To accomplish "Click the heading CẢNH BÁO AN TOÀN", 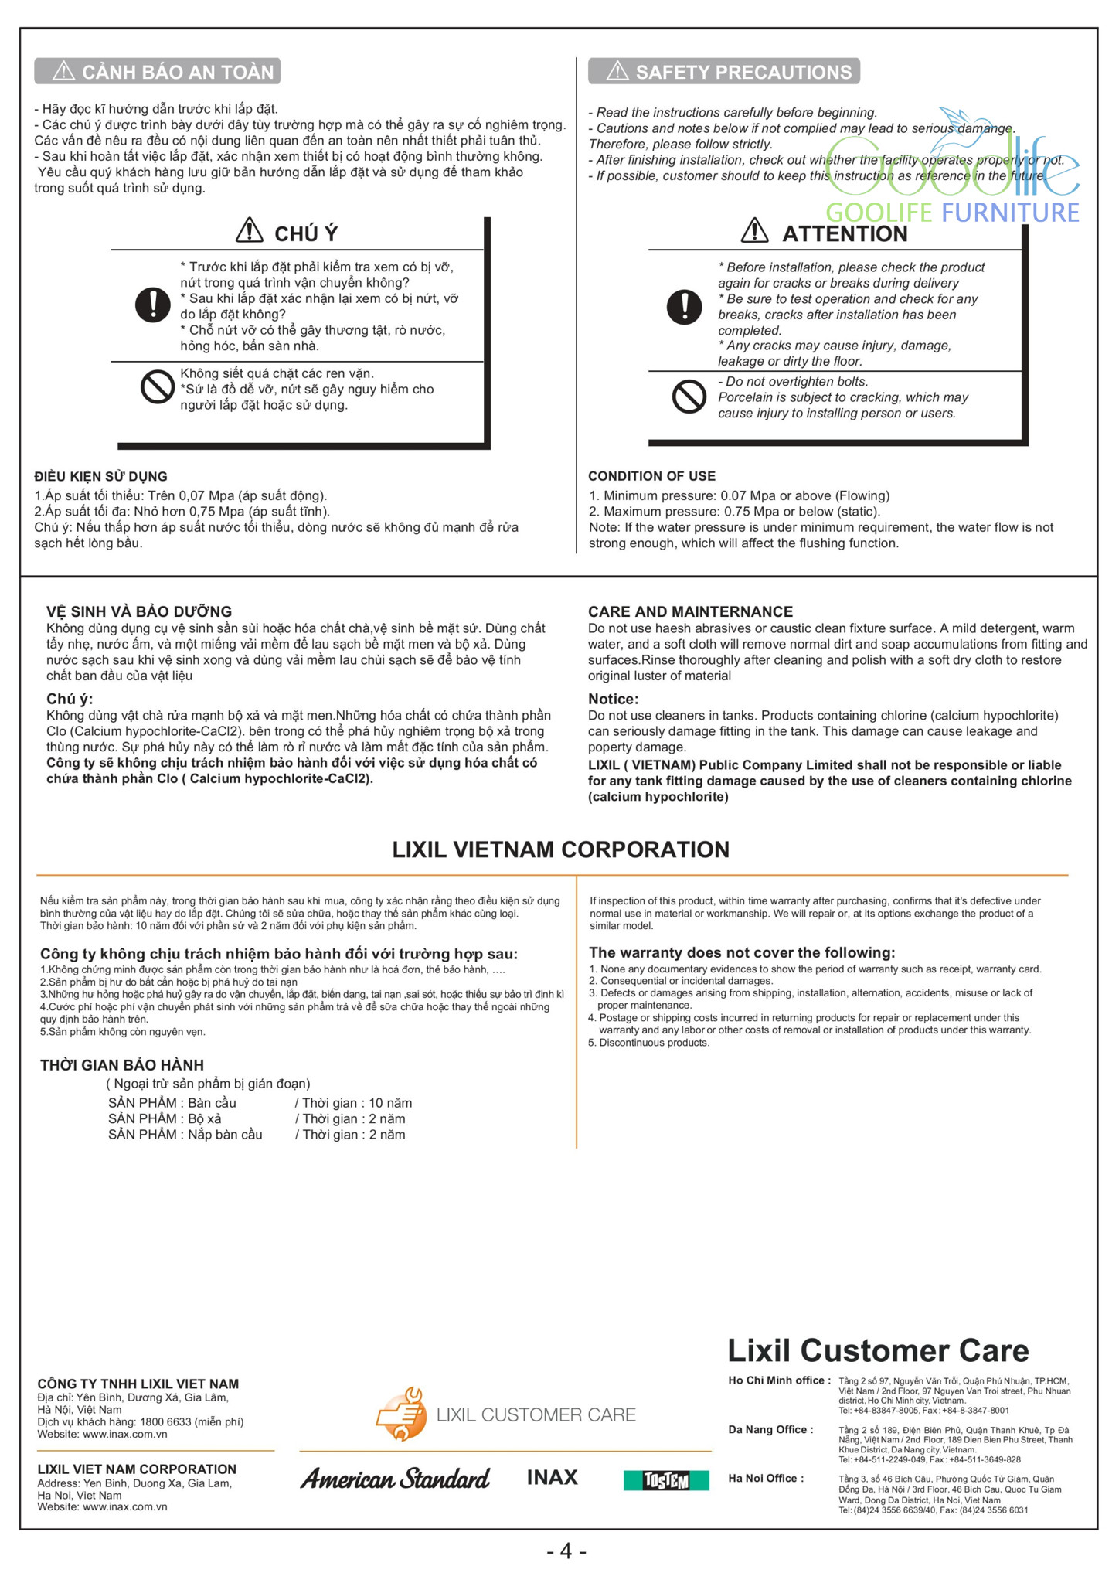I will (177, 72).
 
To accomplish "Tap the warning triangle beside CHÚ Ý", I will (249, 230).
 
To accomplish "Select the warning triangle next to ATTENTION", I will (754, 230).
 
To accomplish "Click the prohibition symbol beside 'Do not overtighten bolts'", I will (689, 397).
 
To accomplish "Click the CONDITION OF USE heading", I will (651, 476).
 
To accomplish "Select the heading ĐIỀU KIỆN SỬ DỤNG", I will (100, 476).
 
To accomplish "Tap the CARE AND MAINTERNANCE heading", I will (690, 611).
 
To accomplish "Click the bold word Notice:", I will (613, 699).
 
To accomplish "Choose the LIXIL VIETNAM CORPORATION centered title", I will (560, 849).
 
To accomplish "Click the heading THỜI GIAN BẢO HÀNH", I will (122, 1064).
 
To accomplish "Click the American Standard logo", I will (395, 1479).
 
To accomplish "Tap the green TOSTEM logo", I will (666, 1480).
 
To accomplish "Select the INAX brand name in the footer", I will (552, 1478).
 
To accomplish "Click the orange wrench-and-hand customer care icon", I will (401, 1414).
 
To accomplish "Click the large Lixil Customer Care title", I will (878, 1350).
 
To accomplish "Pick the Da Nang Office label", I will (770, 1429).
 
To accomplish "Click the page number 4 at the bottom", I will (566, 1551).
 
